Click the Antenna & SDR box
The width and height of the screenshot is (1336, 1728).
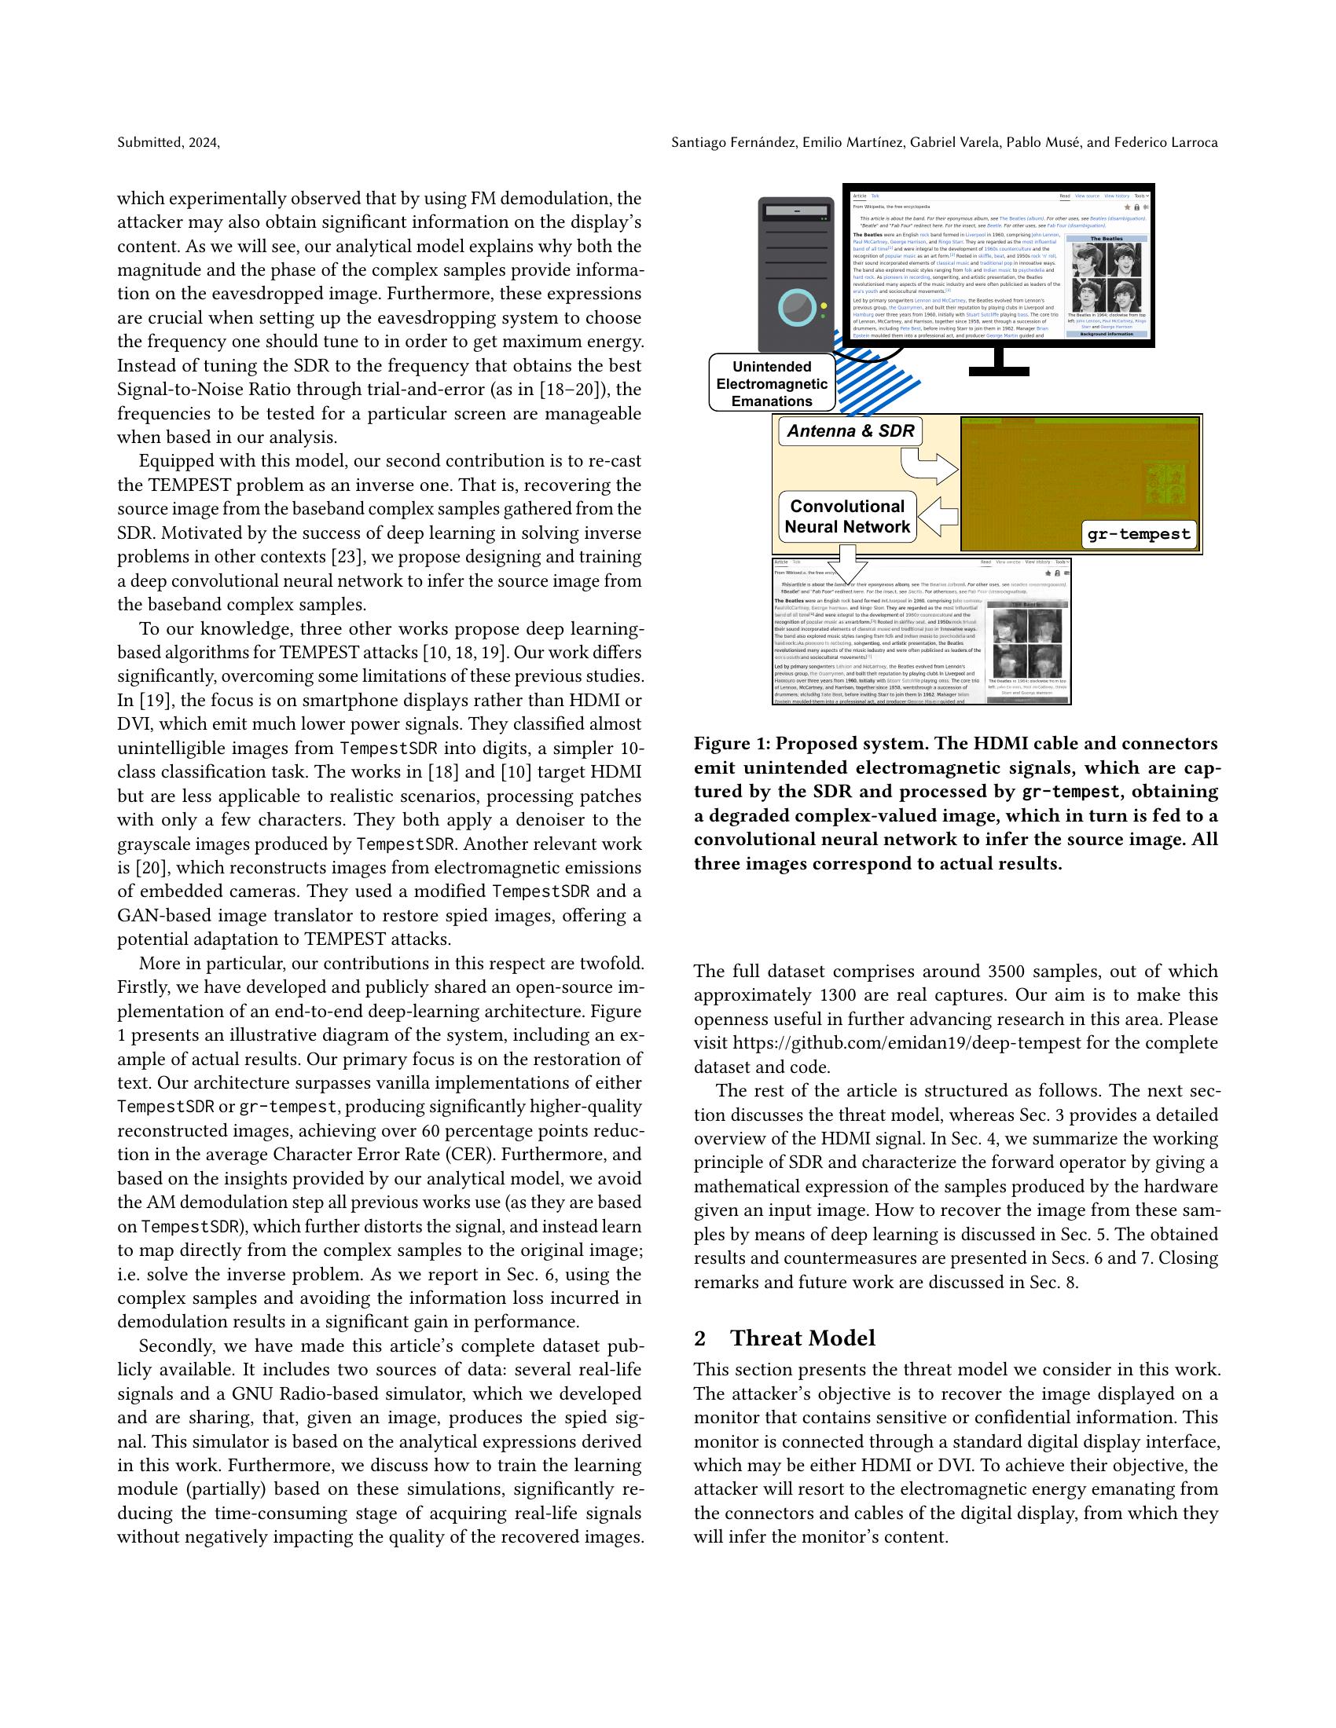851,431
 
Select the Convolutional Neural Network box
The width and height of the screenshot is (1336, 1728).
847,517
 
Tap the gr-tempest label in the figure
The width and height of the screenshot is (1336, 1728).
1138,533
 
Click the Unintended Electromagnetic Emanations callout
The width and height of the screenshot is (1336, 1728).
771,384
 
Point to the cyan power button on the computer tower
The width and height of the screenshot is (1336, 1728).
796,308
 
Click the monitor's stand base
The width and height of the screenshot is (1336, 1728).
999,370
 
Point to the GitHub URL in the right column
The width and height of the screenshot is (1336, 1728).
906,1043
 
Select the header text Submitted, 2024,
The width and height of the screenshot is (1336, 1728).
169,142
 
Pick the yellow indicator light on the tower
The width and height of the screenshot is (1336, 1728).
824,306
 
